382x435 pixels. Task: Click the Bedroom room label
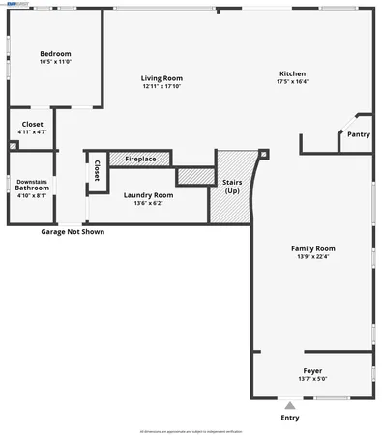[55, 53]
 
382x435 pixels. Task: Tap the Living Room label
[162, 78]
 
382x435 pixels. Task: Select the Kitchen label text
[293, 73]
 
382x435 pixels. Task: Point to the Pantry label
[358, 134]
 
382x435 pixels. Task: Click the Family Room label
[311, 248]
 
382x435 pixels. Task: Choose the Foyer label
[310, 370]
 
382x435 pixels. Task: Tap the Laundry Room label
[149, 195]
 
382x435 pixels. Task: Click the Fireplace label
[140, 159]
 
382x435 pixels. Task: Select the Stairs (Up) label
[232, 186]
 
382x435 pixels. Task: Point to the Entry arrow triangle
[289, 405]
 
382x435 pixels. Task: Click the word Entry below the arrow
[290, 418]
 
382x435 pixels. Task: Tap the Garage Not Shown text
[73, 232]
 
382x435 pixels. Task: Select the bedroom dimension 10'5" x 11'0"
[55, 61]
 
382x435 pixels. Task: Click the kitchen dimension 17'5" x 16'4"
[293, 81]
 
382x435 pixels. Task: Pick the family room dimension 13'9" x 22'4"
[311, 256]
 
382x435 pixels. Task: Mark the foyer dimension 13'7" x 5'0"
[310, 378]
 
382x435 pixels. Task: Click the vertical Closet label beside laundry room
[97, 170]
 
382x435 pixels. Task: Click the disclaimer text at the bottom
[191, 430]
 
